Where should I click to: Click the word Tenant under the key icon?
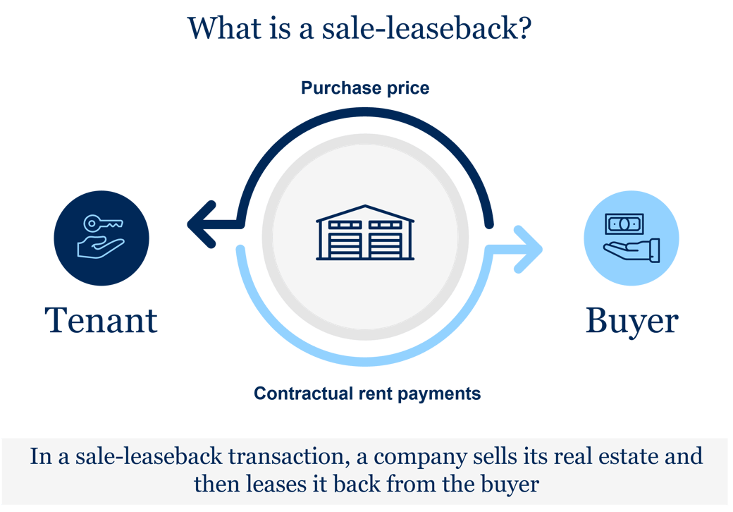tap(101, 321)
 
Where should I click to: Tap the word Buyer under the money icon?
tap(632, 322)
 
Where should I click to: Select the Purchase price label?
tap(365, 88)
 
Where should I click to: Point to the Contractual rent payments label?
tap(367, 393)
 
